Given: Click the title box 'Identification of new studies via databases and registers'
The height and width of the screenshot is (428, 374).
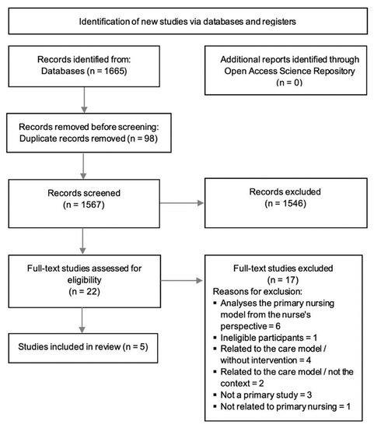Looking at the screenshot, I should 187,19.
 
